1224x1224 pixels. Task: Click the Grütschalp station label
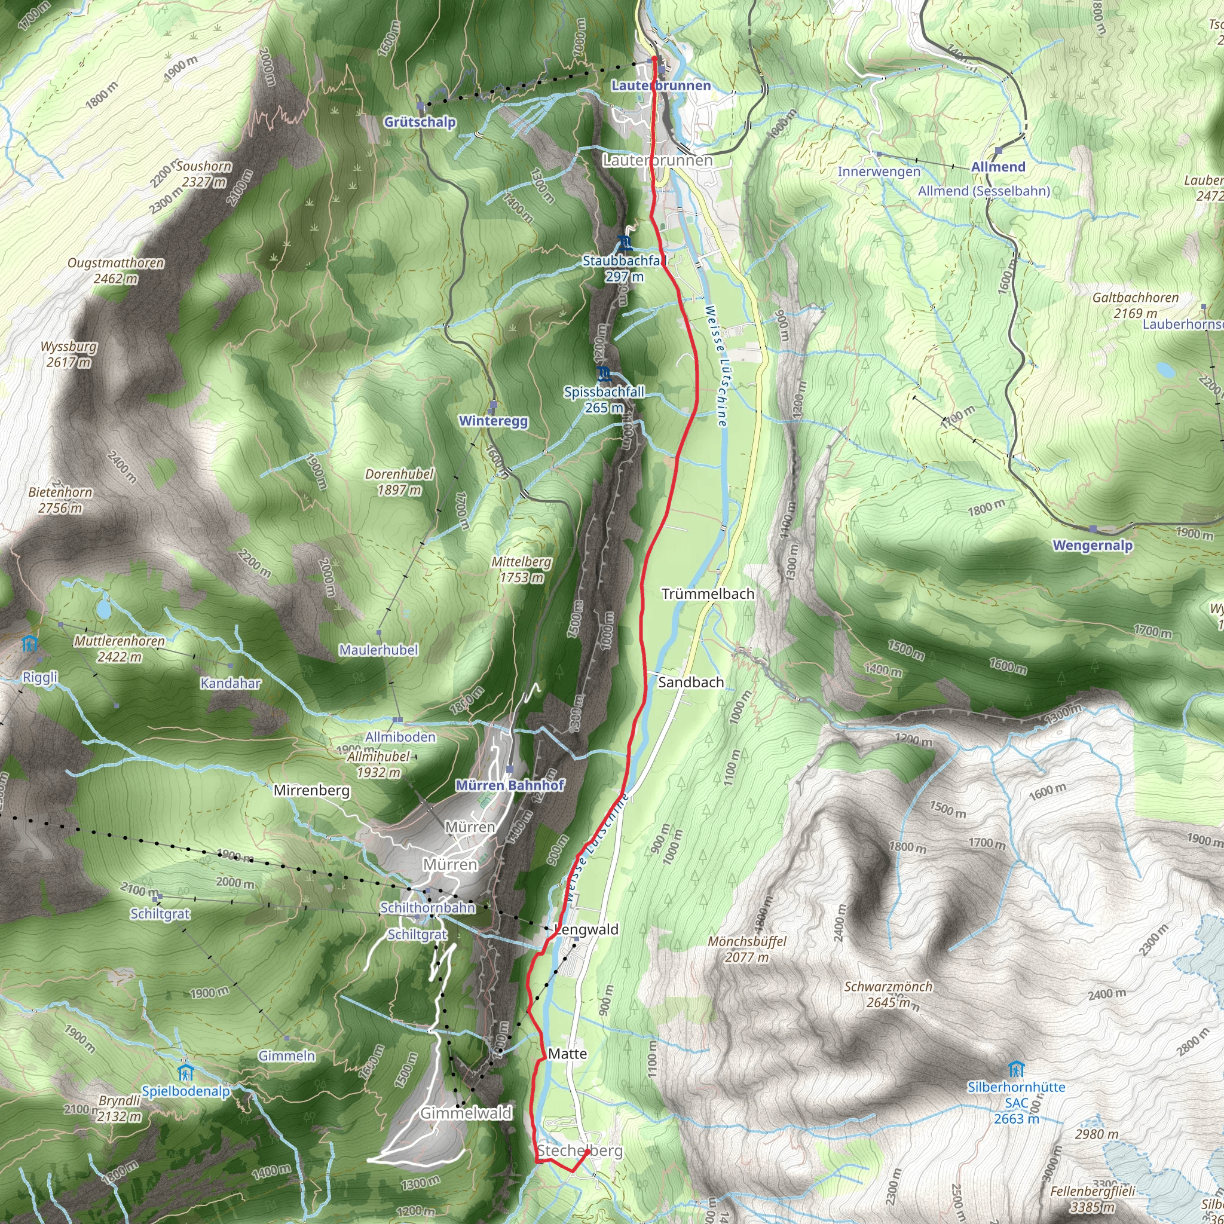[x=420, y=122]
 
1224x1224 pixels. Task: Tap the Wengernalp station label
[x=1093, y=545]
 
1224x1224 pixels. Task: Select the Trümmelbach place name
[x=708, y=593]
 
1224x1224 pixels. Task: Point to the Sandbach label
[x=690, y=682]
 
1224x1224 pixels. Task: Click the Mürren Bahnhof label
[x=509, y=785]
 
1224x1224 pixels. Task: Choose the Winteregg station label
[x=493, y=421]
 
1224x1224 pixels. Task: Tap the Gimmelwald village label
[x=466, y=1113]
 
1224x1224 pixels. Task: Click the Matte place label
[x=567, y=1054]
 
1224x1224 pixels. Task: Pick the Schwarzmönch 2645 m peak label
[x=888, y=994]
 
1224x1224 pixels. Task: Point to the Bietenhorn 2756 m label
[x=60, y=500]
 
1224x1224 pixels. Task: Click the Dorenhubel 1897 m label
[x=399, y=482]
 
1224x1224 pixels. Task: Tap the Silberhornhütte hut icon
[x=1015, y=1069]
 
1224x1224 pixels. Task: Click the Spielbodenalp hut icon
[x=185, y=1073]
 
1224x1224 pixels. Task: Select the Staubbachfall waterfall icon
[x=625, y=243]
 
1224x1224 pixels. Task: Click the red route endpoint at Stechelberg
[x=587, y=1152]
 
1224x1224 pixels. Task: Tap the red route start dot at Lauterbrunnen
[x=654, y=59]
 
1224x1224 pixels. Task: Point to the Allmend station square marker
[x=999, y=151]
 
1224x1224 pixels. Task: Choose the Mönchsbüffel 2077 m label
[x=746, y=949]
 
